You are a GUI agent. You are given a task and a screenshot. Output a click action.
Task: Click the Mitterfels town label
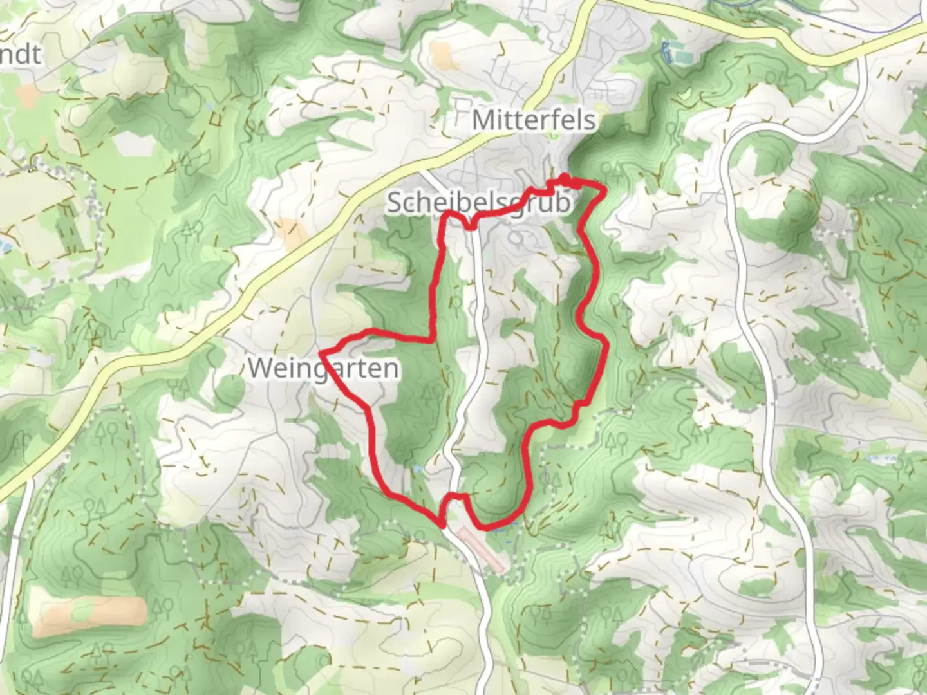click(534, 120)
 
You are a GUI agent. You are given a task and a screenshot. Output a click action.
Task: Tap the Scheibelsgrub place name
click(478, 203)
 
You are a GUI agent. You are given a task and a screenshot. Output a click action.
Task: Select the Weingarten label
click(323, 369)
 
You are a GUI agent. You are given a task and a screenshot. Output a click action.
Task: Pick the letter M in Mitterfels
click(483, 120)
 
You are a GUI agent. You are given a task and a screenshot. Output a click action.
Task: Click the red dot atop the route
click(565, 178)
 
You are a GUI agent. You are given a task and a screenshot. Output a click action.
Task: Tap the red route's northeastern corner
click(604, 188)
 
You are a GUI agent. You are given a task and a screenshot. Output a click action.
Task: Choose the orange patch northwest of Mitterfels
click(442, 57)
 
